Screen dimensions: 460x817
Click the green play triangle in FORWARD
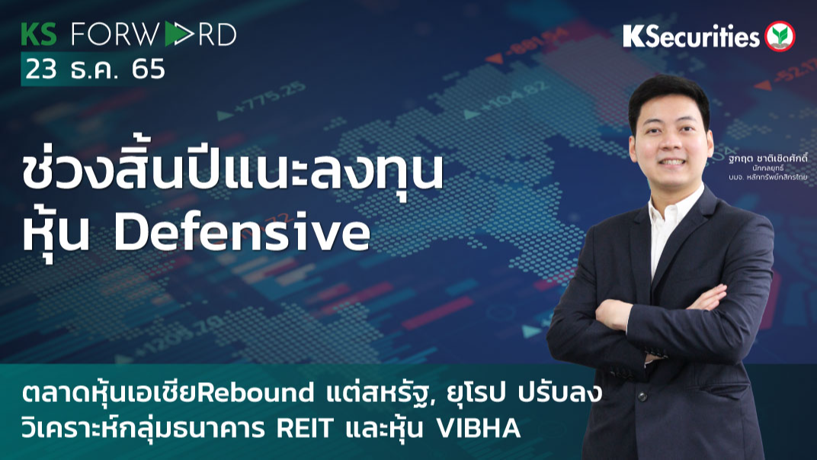coord(175,34)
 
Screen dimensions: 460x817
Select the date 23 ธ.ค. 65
coord(95,69)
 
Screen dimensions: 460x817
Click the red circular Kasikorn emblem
coord(780,36)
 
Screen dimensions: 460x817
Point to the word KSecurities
coord(691,36)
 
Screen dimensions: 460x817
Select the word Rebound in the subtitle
coord(264,394)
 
